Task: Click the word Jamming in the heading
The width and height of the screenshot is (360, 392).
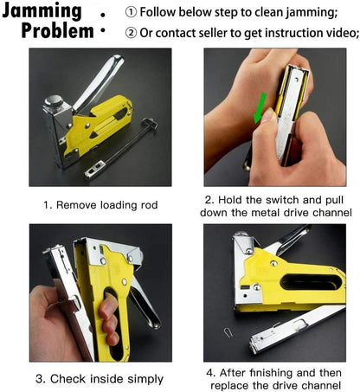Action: (45, 12)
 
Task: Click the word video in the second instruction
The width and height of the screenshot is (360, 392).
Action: (334, 33)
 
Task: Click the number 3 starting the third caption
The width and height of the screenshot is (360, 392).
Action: (40, 378)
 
